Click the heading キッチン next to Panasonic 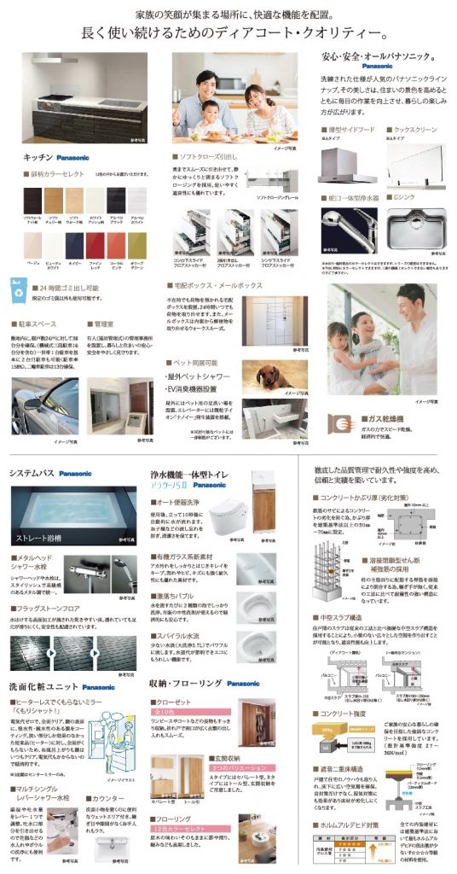point(38,157)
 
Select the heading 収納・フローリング point(187,683)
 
